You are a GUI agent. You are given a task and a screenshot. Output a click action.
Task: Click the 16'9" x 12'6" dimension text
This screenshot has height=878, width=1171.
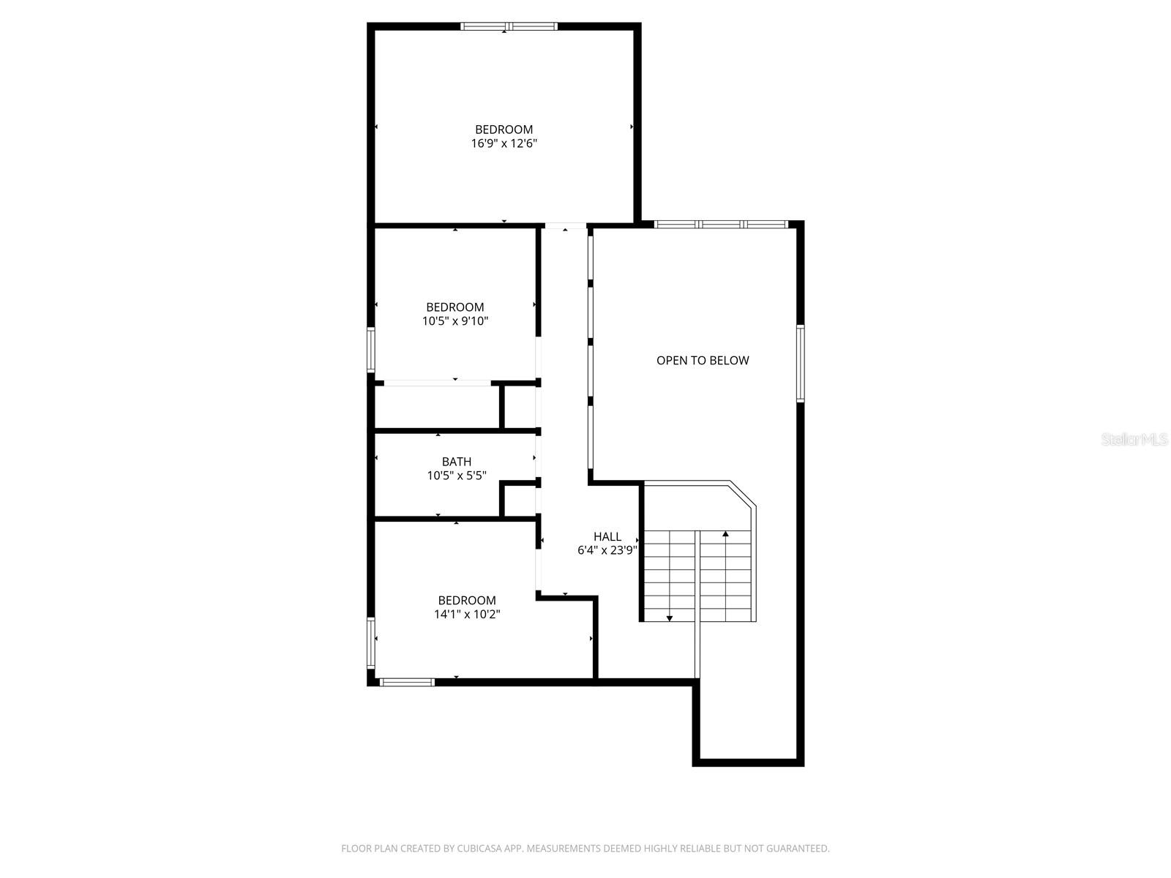pyautogui.click(x=504, y=144)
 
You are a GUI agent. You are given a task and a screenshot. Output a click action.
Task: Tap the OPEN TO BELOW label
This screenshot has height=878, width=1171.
pyautogui.click(x=703, y=360)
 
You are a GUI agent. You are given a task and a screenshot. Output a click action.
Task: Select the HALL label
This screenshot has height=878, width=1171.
pyautogui.click(x=607, y=536)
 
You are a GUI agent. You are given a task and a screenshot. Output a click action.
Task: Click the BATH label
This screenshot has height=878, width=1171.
pyautogui.click(x=457, y=462)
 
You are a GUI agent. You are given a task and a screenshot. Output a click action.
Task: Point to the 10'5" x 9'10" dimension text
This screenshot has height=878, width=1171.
pyautogui.click(x=455, y=321)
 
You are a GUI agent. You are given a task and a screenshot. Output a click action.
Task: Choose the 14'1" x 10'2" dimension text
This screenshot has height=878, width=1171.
pyautogui.click(x=467, y=615)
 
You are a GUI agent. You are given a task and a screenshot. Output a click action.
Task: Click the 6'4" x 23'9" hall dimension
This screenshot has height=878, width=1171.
pyautogui.click(x=607, y=550)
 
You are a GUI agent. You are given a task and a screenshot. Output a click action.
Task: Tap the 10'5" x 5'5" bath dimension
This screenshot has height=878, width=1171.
pyautogui.click(x=457, y=476)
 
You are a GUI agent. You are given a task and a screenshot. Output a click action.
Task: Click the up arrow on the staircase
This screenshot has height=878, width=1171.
pyautogui.click(x=726, y=534)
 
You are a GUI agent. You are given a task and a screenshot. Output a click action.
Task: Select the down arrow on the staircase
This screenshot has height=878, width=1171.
pyautogui.click(x=670, y=618)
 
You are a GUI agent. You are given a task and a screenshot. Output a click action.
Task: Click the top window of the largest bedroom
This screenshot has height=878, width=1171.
pyautogui.click(x=509, y=26)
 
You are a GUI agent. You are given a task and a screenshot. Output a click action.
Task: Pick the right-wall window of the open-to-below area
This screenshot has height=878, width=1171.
pyautogui.click(x=801, y=364)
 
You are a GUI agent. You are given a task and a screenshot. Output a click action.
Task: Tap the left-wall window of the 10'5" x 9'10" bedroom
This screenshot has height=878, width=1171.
pyautogui.click(x=371, y=350)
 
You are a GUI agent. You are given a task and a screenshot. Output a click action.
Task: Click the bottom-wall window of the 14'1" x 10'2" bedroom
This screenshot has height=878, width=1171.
pyautogui.click(x=407, y=683)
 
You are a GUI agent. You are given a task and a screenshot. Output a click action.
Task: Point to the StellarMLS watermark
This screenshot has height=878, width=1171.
pyautogui.click(x=1134, y=440)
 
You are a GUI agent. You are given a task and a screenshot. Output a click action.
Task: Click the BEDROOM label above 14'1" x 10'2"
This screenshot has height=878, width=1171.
pyautogui.click(x=467, y=601)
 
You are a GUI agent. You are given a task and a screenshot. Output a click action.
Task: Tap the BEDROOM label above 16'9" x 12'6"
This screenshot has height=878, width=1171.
pyautogui.click(x=504, y=130)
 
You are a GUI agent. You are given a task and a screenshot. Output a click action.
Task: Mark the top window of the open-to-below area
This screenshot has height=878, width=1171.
pyautogui.click(x=721, y=224)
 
